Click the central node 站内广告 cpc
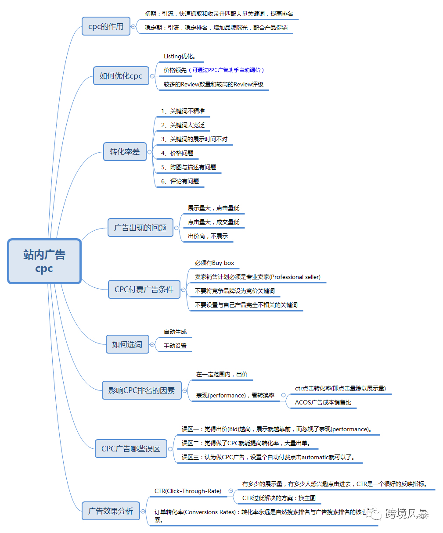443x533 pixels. click(44, 261)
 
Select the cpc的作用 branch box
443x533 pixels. click(106, 26)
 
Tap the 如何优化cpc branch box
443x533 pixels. click(121, 76)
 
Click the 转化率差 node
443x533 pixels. click(125, 152)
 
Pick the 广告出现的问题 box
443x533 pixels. click(140, 228)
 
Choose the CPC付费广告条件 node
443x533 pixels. click(144, 290)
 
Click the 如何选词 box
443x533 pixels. click(127, 344)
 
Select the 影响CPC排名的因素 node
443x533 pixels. click(141, 390)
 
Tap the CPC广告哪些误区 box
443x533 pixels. click(131, 449)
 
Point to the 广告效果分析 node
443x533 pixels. click(111, 511)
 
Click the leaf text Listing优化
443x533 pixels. click(180, 57)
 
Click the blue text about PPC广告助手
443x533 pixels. click(228, 70)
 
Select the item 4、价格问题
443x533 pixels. click(177, 153)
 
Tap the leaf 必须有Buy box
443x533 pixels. click(214, 263)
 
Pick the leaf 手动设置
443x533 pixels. click(175, 346)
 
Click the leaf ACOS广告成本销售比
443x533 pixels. click(323, 402)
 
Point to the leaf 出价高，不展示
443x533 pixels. click(208, 236)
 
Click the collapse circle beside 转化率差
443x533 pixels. click(150, 152)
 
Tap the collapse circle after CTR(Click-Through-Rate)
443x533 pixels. click(231, 491)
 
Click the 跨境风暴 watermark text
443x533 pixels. click(407, 514)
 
